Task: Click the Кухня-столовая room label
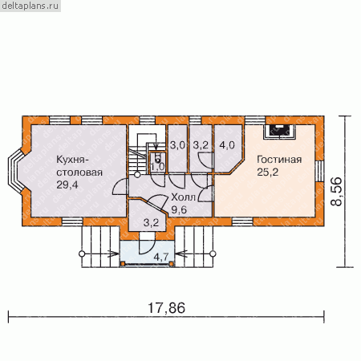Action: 79,166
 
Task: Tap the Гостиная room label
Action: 279,160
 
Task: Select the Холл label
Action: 184,197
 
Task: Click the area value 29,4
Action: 67,185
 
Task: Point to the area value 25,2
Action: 268,172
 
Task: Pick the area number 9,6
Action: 179,210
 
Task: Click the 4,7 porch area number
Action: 161,257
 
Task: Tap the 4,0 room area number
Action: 227,145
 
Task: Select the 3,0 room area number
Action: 177,145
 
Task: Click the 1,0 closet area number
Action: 157,167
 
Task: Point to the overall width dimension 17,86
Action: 167,308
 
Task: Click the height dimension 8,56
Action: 336,191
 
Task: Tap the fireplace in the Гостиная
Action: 279,132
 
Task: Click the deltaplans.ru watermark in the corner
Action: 30,6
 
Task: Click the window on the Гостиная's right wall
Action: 319,171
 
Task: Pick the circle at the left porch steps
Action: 82,254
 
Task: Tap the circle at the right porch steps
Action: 213,254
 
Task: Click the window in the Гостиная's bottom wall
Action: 242,221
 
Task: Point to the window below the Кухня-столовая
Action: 72,221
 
